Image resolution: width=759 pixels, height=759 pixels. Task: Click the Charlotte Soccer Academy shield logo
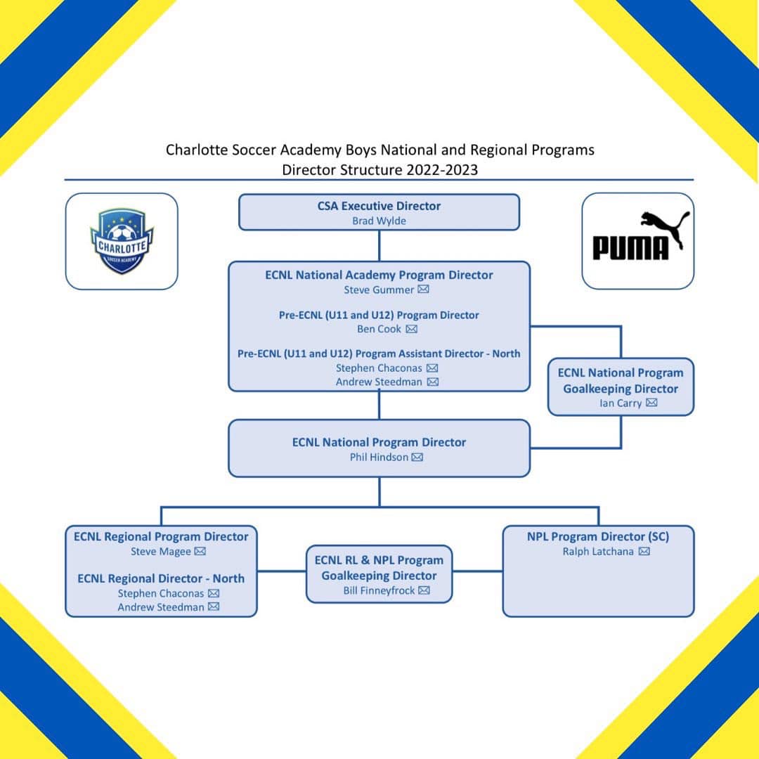click(122, 241)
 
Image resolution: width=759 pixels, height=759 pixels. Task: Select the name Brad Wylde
click(379, 221)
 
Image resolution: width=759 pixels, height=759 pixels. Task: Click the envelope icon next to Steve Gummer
click(423, 290)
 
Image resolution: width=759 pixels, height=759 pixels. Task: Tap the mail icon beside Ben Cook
click(411, 329)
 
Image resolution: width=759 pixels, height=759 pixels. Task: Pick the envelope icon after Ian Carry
click(651, 403)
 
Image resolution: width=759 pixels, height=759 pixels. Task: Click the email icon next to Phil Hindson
click(417, 457)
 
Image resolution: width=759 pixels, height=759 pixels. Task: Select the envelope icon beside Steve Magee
click(200, 552)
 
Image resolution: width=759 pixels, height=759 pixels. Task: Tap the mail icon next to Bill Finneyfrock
click(424, 590)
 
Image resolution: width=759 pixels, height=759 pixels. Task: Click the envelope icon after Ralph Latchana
click(644, 552)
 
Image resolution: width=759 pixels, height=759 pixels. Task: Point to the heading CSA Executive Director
click(379, 206)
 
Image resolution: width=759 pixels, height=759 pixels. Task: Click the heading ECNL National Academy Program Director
click(379, 275)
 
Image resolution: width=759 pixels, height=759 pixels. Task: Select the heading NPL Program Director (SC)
click(598, 537)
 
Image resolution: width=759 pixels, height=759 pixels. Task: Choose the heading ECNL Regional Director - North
click(161, 578)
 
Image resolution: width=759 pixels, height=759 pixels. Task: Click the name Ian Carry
click(621, 403)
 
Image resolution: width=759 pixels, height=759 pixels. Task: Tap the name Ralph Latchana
click(598, 552)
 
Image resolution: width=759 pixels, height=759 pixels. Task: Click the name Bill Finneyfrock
click(379, 591)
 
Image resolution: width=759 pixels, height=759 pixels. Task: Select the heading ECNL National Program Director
click(379, 443)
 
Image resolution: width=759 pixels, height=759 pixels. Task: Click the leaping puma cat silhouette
click(665, 228)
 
